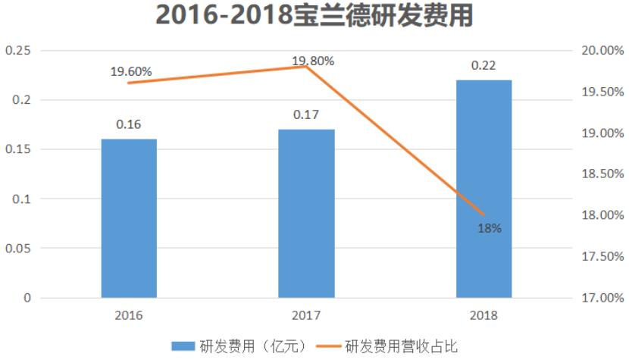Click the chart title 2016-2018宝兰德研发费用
[x=314, y=17]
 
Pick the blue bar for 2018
[x=483, y=189]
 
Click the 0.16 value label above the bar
[x=129, y=124]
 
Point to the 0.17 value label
[x=306, y=114]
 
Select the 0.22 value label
[x=483, y=65]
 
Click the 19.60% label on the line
[x=131, y=71]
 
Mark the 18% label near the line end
[x=490, y=227]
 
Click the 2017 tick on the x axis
[x=306, y=314]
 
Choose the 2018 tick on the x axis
[x=483, y=314]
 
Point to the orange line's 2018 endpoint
[x=483, y=214]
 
